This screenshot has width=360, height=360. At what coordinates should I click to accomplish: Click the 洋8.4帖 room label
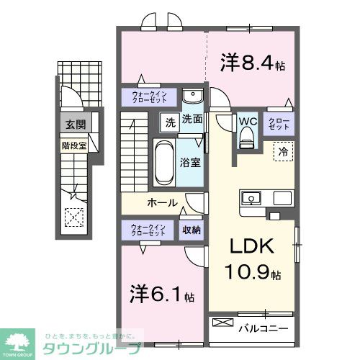251,64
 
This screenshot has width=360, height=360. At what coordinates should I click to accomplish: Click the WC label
247,121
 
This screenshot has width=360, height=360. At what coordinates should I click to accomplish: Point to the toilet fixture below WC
247,136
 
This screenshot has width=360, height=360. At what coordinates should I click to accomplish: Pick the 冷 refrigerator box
284,152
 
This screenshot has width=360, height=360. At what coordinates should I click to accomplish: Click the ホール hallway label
162,202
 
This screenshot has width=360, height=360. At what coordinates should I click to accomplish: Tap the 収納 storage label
191,230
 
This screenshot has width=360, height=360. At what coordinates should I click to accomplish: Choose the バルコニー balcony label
263,328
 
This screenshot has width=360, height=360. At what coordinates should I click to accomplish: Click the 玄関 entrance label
75,125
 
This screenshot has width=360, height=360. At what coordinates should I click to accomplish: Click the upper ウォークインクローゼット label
150,98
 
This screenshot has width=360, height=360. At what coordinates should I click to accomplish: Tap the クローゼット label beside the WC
278,122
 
